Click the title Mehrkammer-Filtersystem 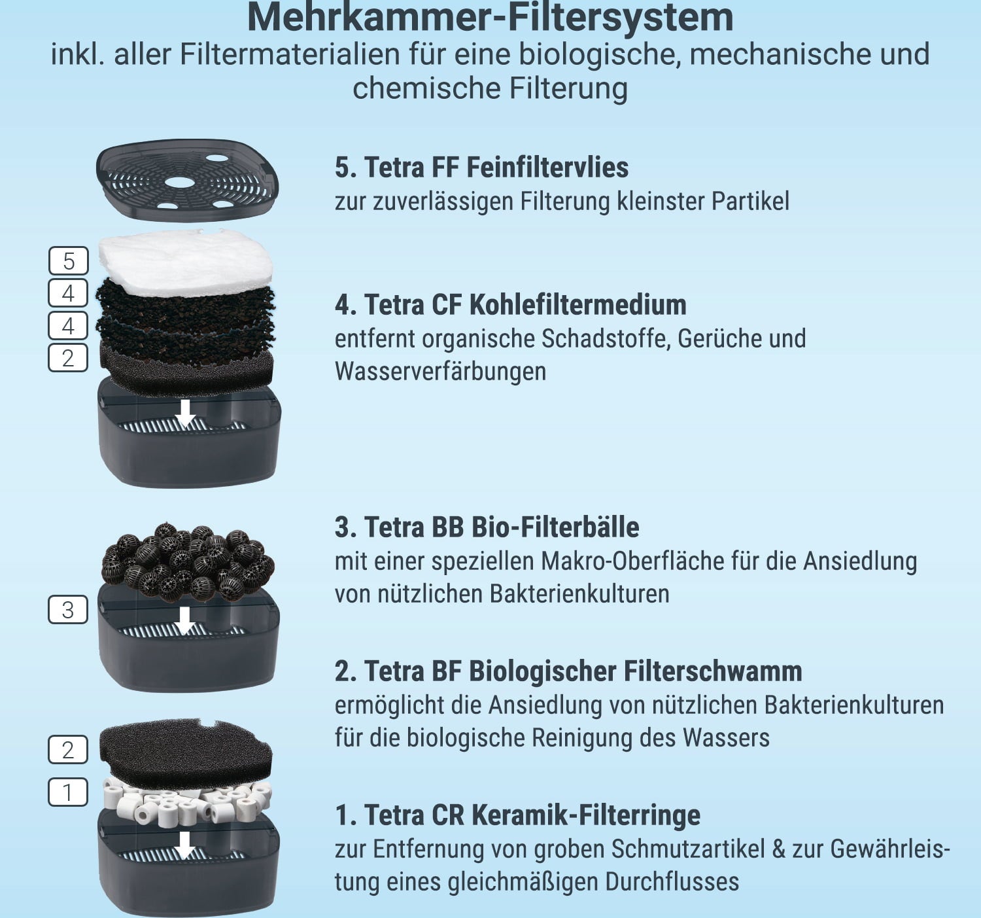coord(490,18)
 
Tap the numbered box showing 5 coord(68,260)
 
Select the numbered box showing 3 coord(68,610)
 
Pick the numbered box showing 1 coord(68,792)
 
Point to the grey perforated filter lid coord(187,180)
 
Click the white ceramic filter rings coord(186,802)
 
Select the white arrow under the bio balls coord(184,621)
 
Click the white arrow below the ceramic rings coord(184,845)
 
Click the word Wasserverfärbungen coord(441,371)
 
